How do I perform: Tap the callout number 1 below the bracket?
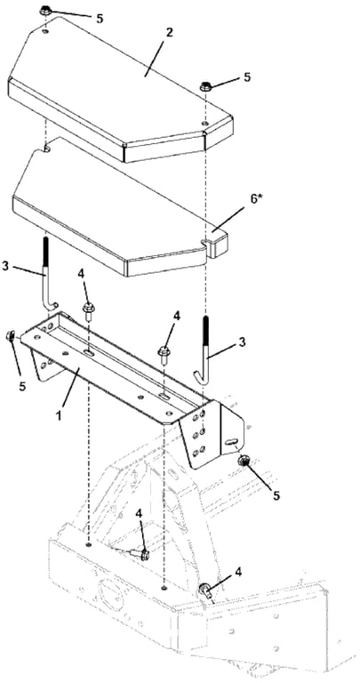59,414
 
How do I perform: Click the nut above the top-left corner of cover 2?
45,11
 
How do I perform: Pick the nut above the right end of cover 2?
205,86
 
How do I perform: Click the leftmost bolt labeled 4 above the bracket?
88,312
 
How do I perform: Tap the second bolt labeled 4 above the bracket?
164,354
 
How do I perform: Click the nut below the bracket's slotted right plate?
242,462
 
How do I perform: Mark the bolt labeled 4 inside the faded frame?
140,554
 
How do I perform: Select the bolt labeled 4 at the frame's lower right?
206,591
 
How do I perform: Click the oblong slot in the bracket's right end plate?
230,442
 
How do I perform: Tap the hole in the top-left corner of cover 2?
46,32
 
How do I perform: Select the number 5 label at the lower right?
275,495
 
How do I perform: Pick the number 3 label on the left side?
5,266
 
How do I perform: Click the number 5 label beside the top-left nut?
100,18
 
